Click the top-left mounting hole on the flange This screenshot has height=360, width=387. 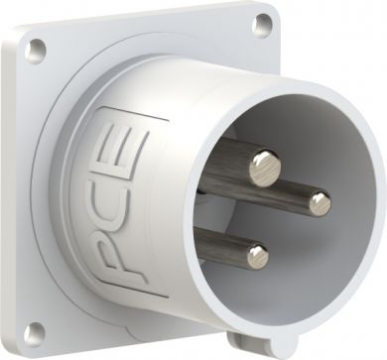point(36,51)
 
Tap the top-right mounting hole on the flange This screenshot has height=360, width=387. point(263,24)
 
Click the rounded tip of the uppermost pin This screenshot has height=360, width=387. point(265,169)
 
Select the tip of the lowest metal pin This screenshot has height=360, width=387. point(257,256)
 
